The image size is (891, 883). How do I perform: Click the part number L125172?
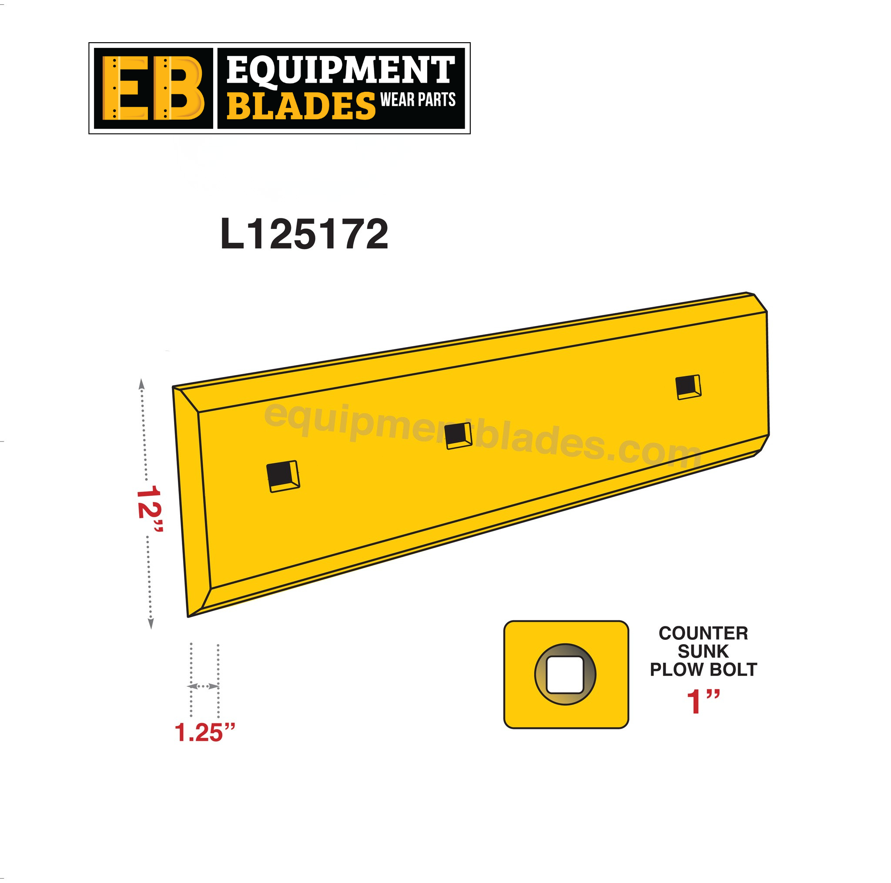tap(305, 235)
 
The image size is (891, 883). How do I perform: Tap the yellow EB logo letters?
tap(153, 88)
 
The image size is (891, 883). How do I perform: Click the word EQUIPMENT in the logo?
tap(340, 70)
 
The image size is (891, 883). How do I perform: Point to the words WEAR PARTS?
tap(418, 100)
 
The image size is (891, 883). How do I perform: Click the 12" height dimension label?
tap(149, 508)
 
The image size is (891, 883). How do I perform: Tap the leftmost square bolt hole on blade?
tap(283, 476)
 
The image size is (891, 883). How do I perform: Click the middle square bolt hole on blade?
tap(458, 436)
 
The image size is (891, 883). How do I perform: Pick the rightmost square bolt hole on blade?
tap(688, 387)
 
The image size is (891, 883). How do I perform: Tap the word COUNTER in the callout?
tap(703, 633)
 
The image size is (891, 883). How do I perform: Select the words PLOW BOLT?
tap(703, 669)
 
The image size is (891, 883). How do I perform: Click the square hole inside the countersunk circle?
tap(565, 675)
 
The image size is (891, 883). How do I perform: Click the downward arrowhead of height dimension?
tap(151, 624)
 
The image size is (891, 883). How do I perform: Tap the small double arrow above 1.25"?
tap(203, 686)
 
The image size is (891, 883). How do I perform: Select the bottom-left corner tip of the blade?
tap(189, 615)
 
